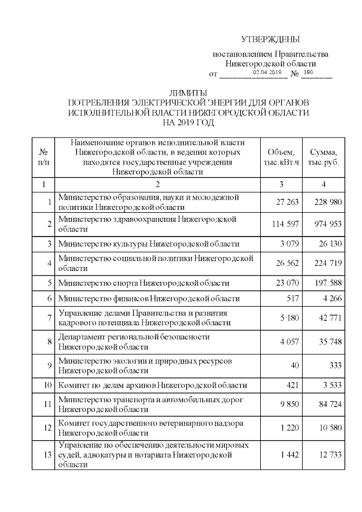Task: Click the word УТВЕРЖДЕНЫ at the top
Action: tap(270, 40)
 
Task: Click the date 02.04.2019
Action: tap(267, 73)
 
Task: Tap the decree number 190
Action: tap(308, 72)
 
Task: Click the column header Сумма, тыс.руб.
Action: tap(324, 158)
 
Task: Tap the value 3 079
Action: tap(288, 244)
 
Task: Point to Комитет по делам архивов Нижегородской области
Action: tap(153, 385)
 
